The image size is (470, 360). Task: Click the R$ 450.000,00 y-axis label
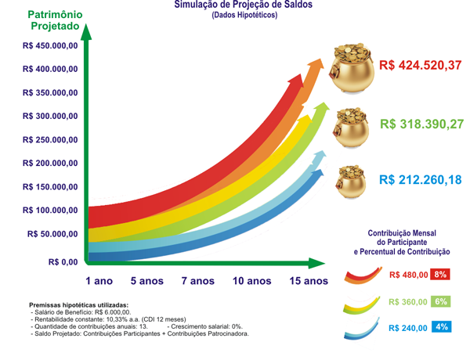click(50, 46)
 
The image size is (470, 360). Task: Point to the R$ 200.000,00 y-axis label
click(50, 164)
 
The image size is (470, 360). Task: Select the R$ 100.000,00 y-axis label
click(50, 211)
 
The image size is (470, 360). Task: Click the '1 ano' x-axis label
click(99, 281)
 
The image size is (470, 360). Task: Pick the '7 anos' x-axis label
click(197, 281)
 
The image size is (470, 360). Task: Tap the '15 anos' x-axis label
click(308, 281)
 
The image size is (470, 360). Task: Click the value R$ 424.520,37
click(420, 66)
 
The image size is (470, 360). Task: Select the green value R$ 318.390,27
click(421, 124)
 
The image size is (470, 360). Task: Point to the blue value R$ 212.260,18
click(420, 180)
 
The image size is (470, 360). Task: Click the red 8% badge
click(440, 274)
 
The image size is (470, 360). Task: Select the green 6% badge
click(440, 301)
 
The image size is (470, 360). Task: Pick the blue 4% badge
click(440, 327)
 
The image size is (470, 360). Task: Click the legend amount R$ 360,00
click(408, 302)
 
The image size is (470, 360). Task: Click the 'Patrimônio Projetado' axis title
click(53, 20)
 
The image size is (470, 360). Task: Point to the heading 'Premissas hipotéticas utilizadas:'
click(78, 305)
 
